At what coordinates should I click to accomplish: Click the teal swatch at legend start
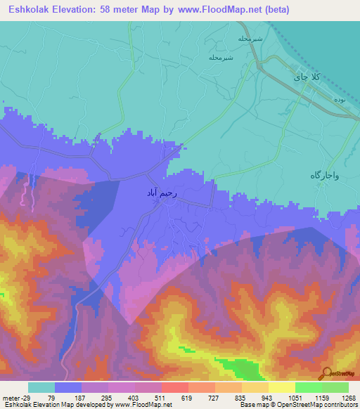pyautogui.click(x=41, y=387)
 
